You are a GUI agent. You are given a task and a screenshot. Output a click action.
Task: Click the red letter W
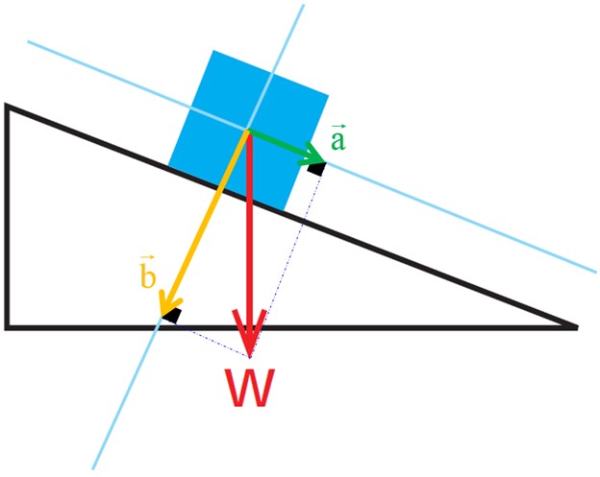coord(249,388)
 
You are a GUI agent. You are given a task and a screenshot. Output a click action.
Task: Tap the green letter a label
coord(338,140)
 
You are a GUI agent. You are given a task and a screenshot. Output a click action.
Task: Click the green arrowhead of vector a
coord(313,155)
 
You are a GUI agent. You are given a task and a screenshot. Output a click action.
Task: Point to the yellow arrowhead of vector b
coord(168,303)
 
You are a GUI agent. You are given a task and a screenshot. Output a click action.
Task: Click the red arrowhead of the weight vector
coord(249,332)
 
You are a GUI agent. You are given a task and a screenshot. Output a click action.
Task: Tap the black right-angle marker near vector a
coord(317,169)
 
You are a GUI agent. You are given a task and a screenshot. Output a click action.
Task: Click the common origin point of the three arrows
coord(248,131)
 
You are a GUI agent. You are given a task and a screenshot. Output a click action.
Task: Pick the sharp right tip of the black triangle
coord(577,327)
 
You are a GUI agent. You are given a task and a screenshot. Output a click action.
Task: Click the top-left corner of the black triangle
coord(6,105)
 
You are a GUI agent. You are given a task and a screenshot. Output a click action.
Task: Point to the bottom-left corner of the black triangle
coord(7,327)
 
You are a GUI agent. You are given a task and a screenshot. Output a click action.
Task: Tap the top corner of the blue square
coord(213,51)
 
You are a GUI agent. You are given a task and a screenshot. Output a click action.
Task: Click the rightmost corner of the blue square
coord(328,94)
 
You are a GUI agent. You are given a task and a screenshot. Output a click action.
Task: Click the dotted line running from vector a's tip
coord(285,264)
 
